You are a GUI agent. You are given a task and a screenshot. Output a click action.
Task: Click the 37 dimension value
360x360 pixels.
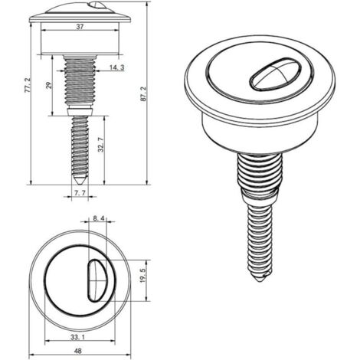tap(80, 27)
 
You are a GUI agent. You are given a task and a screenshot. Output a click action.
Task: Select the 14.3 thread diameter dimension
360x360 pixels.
tap(116, 67)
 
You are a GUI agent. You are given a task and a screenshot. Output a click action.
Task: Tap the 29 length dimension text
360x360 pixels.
tap(49, 85)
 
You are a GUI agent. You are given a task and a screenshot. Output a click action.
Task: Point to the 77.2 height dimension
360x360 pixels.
tap(28, 85)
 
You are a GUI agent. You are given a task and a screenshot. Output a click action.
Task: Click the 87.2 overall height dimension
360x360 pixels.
tap(143, 93)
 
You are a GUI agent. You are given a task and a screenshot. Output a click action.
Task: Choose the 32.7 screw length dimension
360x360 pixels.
tap(101, 145)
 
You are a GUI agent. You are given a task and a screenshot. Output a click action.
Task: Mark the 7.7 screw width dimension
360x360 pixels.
tap(80, 193)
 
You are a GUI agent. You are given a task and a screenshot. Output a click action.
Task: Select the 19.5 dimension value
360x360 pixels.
tap(142, 275)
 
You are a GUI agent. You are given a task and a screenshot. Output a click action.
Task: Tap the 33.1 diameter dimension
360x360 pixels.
tap(77, 337)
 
